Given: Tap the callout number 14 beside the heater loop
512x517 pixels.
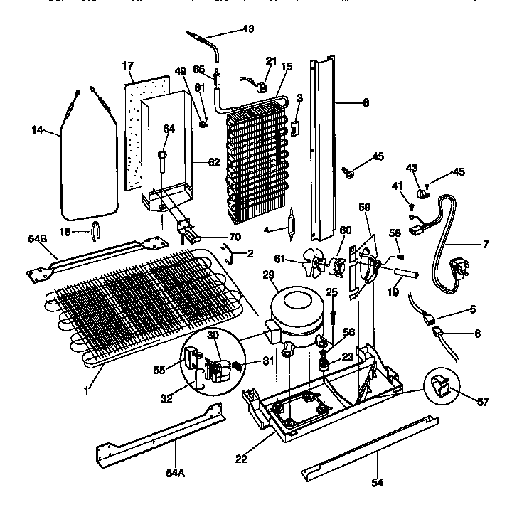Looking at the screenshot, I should [x=38, y=130].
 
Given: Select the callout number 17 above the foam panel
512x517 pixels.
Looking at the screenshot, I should [x=128, y=65].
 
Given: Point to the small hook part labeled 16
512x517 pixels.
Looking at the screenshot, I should [x=97, y=229].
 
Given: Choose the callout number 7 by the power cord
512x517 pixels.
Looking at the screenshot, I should [x=486, y=245].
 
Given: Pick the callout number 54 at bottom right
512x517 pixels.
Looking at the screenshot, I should [x=377, y=483].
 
